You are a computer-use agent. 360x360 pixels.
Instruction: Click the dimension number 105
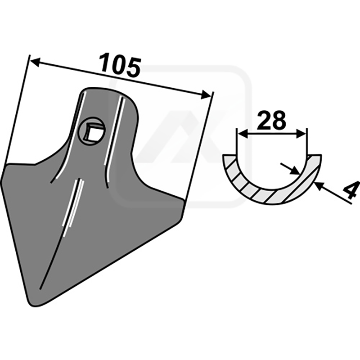tap(119, 65)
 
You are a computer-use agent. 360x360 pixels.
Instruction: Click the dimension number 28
tap(271, 120)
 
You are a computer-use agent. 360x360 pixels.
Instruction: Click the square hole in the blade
tap(94, 133)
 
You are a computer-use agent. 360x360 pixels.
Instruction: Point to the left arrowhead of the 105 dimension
tap(35, 62)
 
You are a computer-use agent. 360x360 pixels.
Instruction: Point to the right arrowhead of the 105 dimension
tap(206, 94)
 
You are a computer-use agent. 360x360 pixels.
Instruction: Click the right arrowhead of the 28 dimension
tap(301, 134)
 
